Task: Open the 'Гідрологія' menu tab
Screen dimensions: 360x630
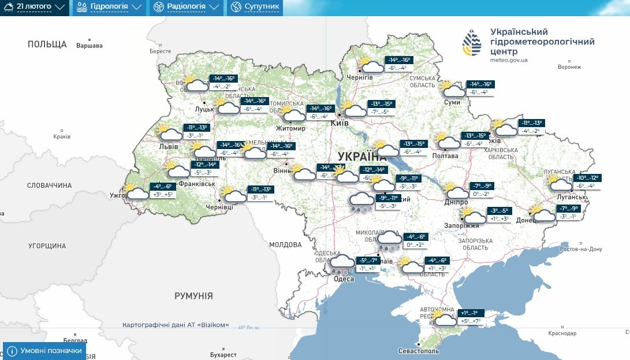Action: (109, 8)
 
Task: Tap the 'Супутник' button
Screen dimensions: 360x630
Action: (255, 8)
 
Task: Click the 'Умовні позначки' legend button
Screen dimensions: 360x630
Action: (44, 351)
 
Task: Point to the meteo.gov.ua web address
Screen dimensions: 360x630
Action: (508, 60)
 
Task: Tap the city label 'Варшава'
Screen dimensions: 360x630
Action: (90, 46)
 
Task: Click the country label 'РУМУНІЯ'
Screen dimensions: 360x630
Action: (193, 296)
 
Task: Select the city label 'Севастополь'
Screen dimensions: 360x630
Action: (419, 351)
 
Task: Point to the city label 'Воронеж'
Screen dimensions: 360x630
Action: (569, 67)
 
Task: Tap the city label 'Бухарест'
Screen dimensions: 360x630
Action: (224, 354)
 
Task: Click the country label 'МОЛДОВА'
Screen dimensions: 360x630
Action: (285, 245)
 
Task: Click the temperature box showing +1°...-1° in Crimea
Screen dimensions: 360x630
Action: (469, 313)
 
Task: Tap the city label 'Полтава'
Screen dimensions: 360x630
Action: (445, 156)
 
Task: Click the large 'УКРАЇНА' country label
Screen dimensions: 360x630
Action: (362, 157)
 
